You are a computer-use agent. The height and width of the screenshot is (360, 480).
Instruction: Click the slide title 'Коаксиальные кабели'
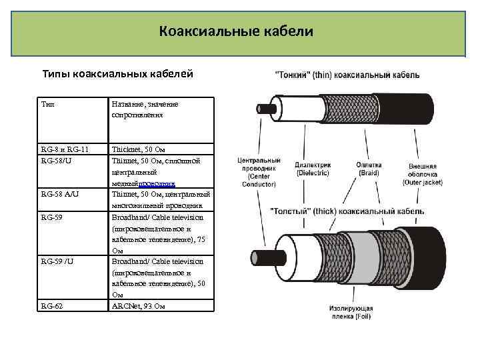(236, 31)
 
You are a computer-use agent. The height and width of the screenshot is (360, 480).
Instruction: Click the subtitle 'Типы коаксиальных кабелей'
(118, 73)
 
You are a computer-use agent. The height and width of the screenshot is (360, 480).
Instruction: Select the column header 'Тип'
(48, 105)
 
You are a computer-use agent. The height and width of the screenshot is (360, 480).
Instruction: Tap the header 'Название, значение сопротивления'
(145, 109)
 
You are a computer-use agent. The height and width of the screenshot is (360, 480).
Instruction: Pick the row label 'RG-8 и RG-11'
(65, 150)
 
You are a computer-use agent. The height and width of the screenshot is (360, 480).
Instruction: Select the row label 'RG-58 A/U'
(60, 195)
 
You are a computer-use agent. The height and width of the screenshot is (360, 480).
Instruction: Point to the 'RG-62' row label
(52, 306)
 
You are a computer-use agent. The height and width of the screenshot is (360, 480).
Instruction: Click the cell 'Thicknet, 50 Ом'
(141, 150)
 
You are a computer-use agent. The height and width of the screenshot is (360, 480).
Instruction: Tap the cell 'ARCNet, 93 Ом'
(138, 306)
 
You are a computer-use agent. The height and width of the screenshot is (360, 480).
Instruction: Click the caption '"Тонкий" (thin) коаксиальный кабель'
(347, 75)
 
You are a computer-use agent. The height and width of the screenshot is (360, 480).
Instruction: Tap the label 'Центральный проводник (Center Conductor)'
(259, 172)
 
